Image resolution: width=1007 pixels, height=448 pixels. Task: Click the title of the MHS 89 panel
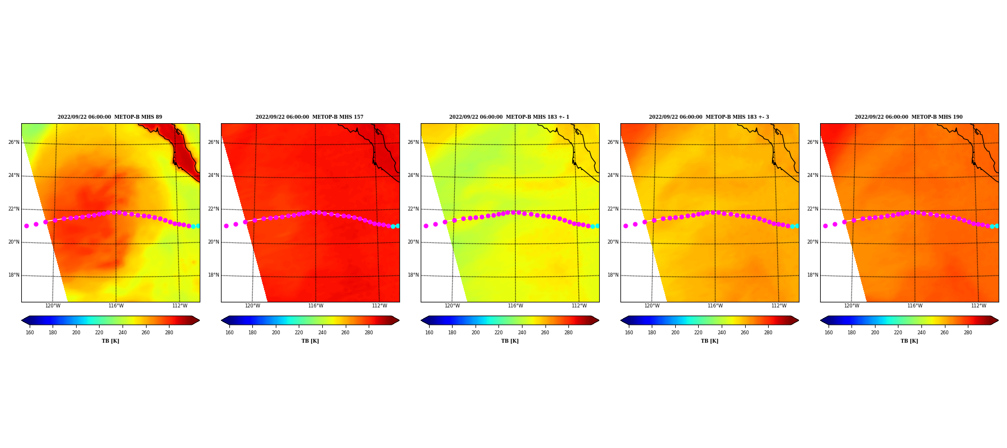(x=110, y=117)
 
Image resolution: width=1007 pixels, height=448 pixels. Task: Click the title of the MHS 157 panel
(x=309, y=117)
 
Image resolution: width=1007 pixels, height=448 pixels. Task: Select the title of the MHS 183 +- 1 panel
(x=509, y=117)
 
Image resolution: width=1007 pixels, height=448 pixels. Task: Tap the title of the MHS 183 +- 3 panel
(x=709, y=117)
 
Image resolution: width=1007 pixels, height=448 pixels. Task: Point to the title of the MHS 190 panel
(x=909, y=117)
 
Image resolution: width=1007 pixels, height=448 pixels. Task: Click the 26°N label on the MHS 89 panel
(x=14, y=142)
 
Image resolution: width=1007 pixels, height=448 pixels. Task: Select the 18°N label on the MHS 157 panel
(x=214, y=275)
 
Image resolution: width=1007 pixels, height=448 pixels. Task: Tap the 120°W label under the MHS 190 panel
(x=851, y=306)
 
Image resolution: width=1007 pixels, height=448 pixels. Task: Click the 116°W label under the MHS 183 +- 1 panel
(x=515, y=306)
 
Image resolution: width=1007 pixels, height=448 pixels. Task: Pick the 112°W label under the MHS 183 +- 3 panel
(x=779, y=306)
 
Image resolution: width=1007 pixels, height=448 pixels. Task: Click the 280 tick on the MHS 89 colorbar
(x=169, y=333)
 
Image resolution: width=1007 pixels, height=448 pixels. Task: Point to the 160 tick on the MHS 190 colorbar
(x=829, y=333)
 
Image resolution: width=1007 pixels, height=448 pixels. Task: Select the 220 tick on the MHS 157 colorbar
(x=299, y=333)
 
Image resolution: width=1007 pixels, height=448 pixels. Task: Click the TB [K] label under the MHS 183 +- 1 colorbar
(x=510, y=341)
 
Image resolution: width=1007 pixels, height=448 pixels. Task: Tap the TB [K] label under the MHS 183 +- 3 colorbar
(x=709, y=341)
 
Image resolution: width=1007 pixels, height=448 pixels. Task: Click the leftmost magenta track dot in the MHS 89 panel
(x=26, y=226)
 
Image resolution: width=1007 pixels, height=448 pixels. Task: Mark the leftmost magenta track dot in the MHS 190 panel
(x=825, y=226)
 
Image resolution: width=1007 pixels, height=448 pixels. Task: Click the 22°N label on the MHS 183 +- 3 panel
(x=613, y=209)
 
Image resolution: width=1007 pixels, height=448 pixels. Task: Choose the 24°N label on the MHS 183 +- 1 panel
(x=413, y=175)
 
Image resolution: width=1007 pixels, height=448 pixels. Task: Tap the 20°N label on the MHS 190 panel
(x=813, y=242)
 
